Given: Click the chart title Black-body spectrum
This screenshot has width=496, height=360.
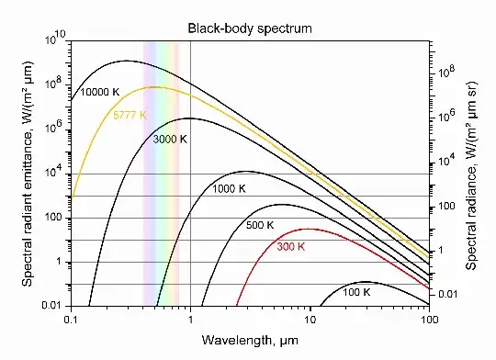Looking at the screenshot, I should coord(250,28).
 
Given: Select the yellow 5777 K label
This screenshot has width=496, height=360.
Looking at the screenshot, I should coord(130,116).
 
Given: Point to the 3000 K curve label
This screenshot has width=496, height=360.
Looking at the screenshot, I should coord(168,140).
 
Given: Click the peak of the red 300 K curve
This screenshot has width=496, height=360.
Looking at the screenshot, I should coord(309,229).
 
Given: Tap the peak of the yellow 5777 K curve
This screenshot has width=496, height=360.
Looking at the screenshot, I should coord(156,87).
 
